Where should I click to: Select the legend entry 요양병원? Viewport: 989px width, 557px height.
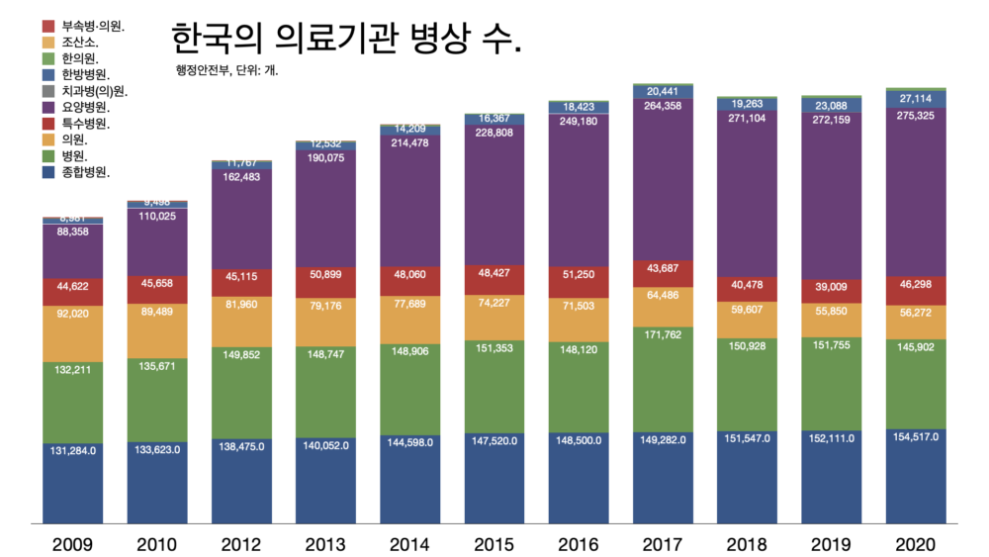85,106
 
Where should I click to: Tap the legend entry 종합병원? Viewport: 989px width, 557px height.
85,172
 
